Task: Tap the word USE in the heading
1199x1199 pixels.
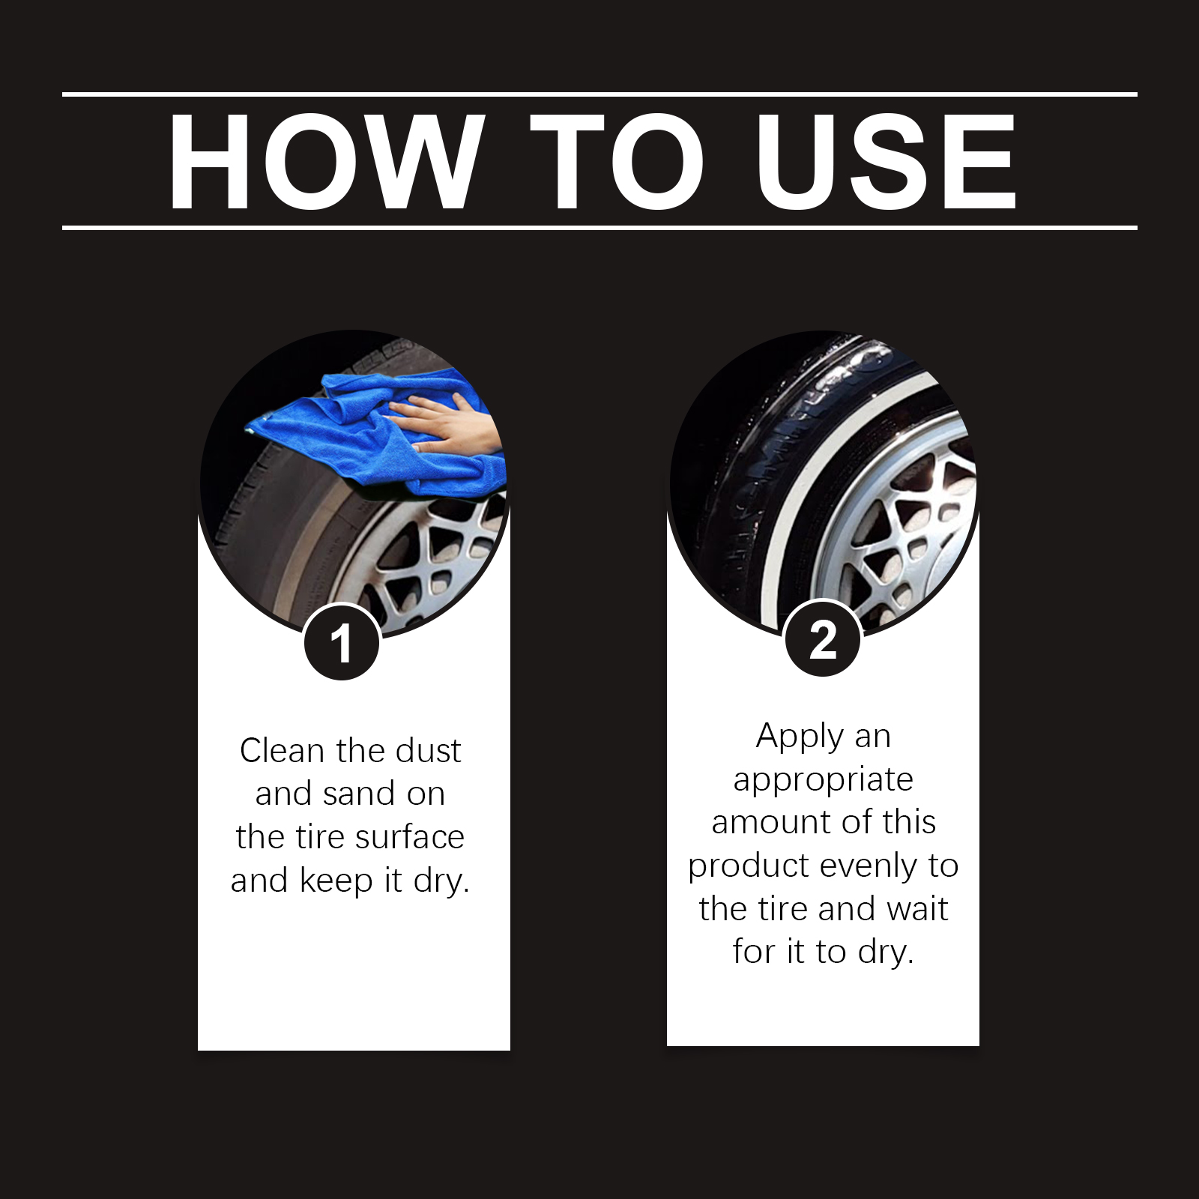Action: pyautogui.click(x=886, y=161)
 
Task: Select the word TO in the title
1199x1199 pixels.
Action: pyautogui.click(x=616, y=161)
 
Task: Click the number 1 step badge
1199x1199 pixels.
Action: pyautogui.click(x=342, y=643)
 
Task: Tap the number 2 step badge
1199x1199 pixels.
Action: pyautogui.click(x=822, y=640)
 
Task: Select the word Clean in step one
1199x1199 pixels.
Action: pyautogui.click(x=282, y=750)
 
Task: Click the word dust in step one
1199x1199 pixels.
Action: pyautogui.click(x=429, y=750)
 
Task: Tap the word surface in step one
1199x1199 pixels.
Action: pyautogui.click(x=410, y=837)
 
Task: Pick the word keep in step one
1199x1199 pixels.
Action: pyautogui.click(x=337, y=881)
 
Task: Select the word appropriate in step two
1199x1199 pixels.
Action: pyautogui.click(x=823, y=780)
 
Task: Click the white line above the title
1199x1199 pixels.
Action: pyautogui.click(x=599, y=94)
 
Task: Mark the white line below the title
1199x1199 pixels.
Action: pyautogui.click(x=599, y=227)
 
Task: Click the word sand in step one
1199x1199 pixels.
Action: pyautogui.click(x=359, y=794)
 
